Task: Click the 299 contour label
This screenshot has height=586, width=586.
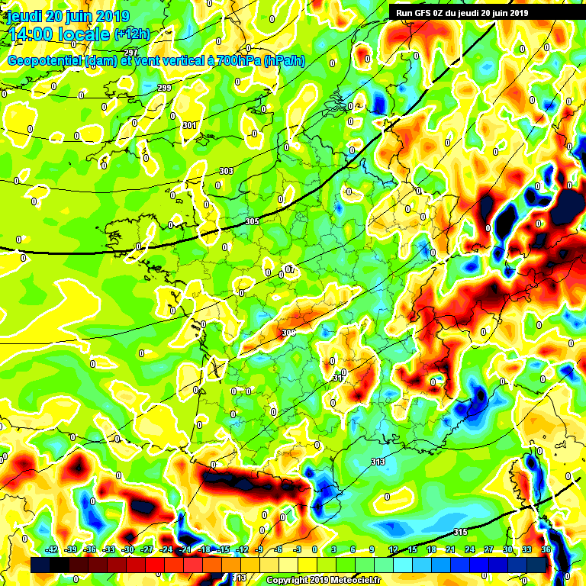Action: [163, 89]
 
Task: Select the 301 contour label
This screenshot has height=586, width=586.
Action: [190, 125]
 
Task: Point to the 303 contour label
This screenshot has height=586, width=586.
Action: [225, 172]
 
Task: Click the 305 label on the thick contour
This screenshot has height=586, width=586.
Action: [252, 221]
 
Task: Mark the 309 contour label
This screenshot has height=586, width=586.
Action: [288, 333]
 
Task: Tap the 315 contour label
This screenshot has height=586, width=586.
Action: [459, 532]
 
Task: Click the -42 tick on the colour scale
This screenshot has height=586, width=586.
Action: [52, 549]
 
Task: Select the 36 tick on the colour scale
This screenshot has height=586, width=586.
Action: [546, 549]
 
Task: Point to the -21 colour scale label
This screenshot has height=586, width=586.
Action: [185, 549]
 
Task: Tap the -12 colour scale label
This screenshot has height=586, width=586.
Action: [242, 549]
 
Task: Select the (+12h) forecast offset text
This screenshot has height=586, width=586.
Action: [131, 34]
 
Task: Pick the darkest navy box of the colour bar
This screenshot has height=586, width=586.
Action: [40, 565]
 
